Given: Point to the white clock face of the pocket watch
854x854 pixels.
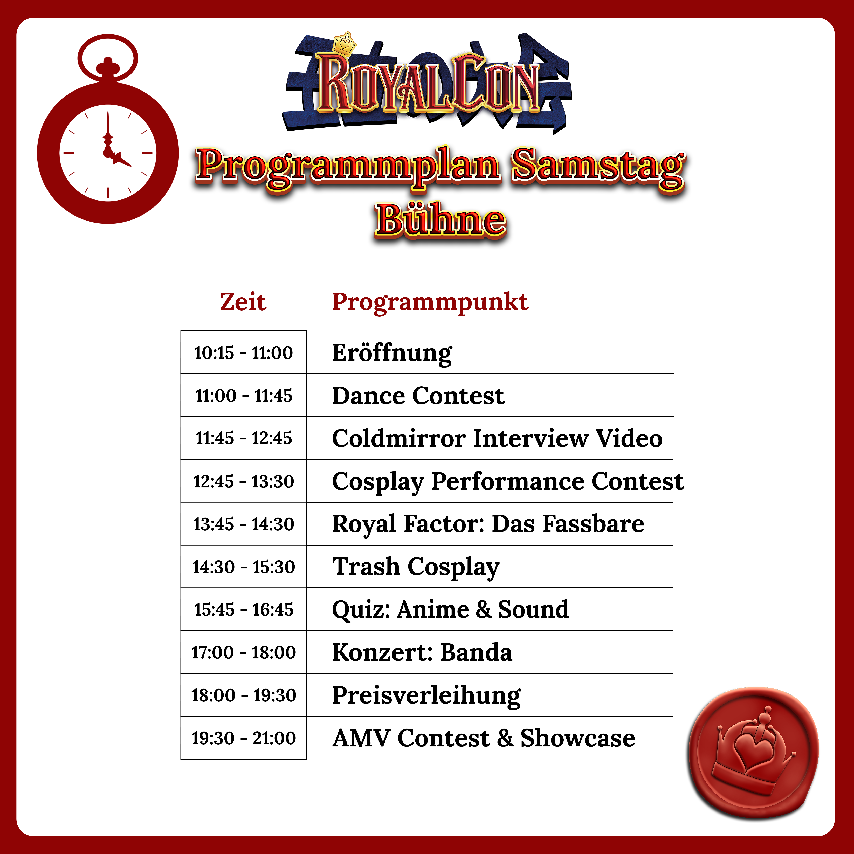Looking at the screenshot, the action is coord(108,153).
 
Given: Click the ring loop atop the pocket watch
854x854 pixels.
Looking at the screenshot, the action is coord(108,57).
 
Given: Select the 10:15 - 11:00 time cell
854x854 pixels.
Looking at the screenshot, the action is coord(244,352).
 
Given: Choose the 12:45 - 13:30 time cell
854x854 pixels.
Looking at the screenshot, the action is coord(244,481).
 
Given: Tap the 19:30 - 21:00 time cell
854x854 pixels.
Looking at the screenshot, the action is coord(244,738).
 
